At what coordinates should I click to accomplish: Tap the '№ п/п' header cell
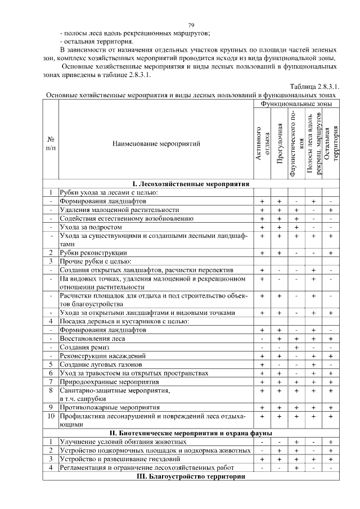click(x=51, y=143)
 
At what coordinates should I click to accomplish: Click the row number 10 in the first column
click(x=51, y=416)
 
